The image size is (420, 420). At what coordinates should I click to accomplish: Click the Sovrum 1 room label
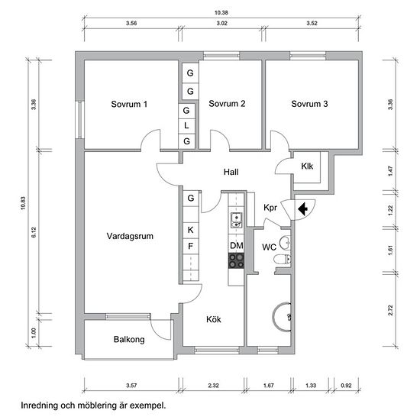[x=129, y=104]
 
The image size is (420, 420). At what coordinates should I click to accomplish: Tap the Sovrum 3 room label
[x=309, y=104]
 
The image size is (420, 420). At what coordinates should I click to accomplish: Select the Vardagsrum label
[x=130, y=236]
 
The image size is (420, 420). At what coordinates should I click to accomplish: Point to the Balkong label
[x=129, y=339]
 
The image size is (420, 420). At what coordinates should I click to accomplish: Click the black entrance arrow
[x=302, y=208]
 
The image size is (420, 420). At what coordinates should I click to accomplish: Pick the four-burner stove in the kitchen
[x=236, y=261]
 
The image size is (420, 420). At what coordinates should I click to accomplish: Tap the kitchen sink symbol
[x=236, y=220]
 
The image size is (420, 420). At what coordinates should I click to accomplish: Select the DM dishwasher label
[x=237, y=245]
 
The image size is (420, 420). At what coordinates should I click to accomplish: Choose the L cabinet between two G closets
[x=186, y=125]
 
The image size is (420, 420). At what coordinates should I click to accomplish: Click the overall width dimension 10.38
[x=221, y=12]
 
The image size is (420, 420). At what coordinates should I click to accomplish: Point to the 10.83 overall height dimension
[x=23, y=203]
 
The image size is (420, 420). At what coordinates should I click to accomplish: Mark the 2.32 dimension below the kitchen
[x=214, y=386]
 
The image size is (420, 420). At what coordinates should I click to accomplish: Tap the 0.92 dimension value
[x=346, y=386]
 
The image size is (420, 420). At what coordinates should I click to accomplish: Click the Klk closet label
[x=307, y=166]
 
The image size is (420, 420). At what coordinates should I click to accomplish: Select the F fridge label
[x=190, y=246]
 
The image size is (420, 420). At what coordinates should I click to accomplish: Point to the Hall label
[x=231, y=172]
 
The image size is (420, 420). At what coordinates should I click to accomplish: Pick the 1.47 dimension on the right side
[x=390, y=171]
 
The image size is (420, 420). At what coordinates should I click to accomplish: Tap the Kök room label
[x=214, y=319]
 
